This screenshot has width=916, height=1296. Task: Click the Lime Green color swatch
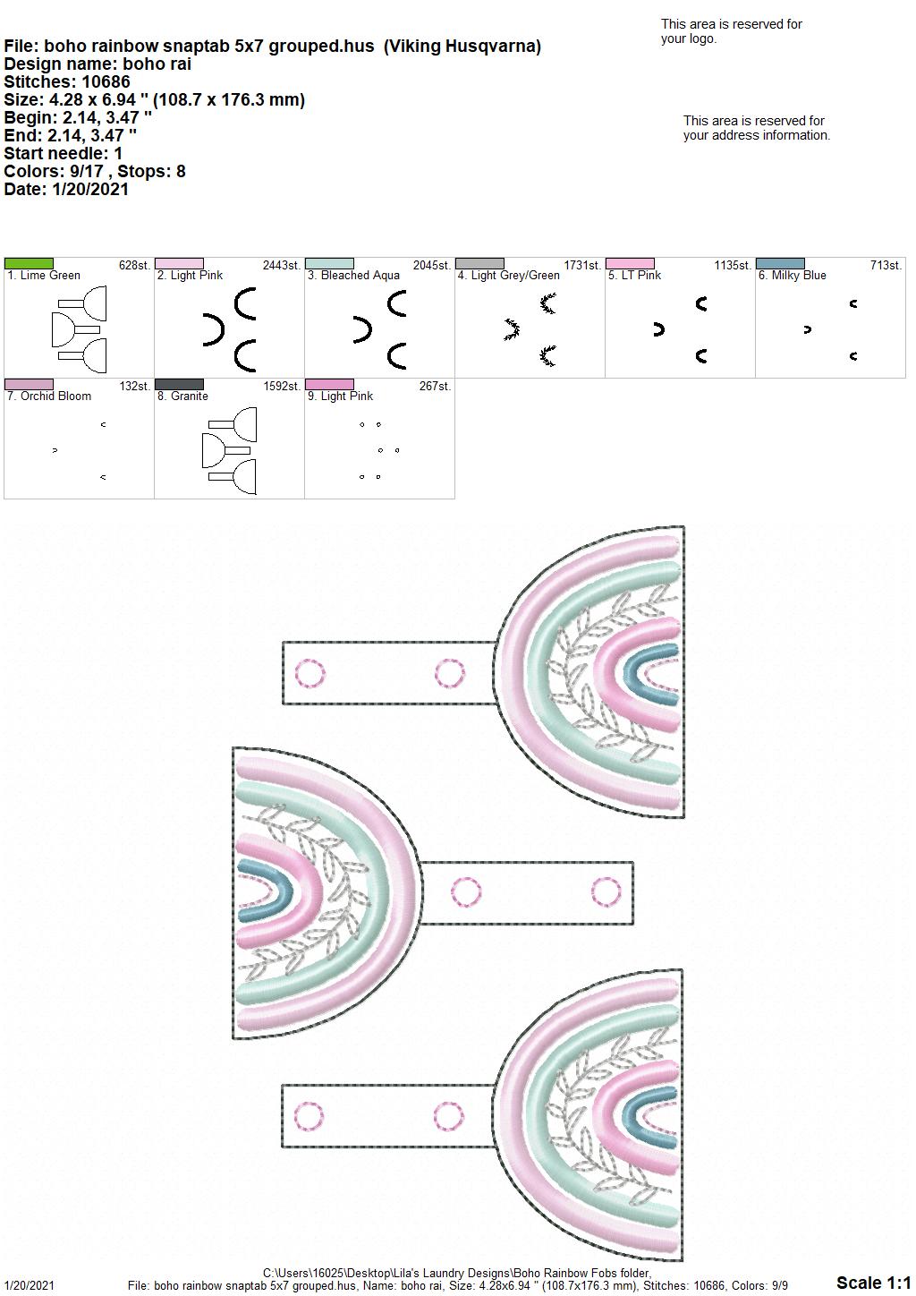(29, 264)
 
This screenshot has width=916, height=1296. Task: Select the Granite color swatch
(179, 385)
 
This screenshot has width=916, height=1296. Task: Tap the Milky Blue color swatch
(780, 264)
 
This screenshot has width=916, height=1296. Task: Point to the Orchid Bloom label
(49, 396)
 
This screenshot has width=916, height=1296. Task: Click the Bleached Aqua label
(353, 276)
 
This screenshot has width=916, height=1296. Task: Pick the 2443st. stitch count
(282, 266)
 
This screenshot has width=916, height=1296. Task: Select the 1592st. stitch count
(282, 387)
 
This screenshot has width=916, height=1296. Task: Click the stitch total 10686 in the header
(106, 81)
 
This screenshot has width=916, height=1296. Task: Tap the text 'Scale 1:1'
(874, 1282)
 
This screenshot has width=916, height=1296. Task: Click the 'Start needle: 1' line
(63, 153)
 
